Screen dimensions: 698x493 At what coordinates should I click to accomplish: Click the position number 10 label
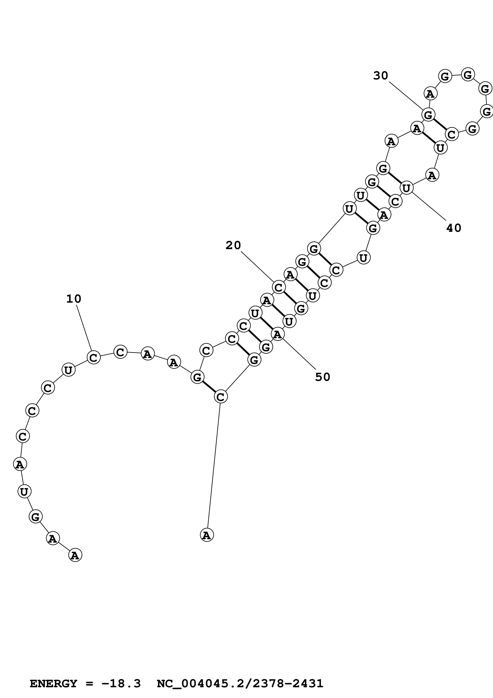pyautogui.click(x=74, y=299)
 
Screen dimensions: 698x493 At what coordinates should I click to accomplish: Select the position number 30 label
pyautogui.click(x=381, y=75)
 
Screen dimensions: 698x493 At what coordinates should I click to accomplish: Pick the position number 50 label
pyautogui.click(x=322, y=377)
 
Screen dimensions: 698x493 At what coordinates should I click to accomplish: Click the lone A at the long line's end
pyautogui.click(x=207, y=535)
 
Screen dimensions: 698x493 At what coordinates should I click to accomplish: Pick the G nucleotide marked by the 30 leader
pyautogui.click(x=428, y=115)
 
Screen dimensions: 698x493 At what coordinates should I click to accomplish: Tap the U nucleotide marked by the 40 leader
pyautogui.click(x=406, y=188)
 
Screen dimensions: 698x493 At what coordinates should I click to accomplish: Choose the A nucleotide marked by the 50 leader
pyautogui.click(x=277, y=334)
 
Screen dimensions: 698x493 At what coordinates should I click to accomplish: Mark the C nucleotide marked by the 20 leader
pyautogui.click(x=279, y=287)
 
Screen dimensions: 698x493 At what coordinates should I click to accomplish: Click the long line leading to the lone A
pyautogui.click(x=214, y=465)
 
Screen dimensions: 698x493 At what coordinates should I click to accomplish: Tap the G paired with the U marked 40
pyautogui.click(x=383, y=168)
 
